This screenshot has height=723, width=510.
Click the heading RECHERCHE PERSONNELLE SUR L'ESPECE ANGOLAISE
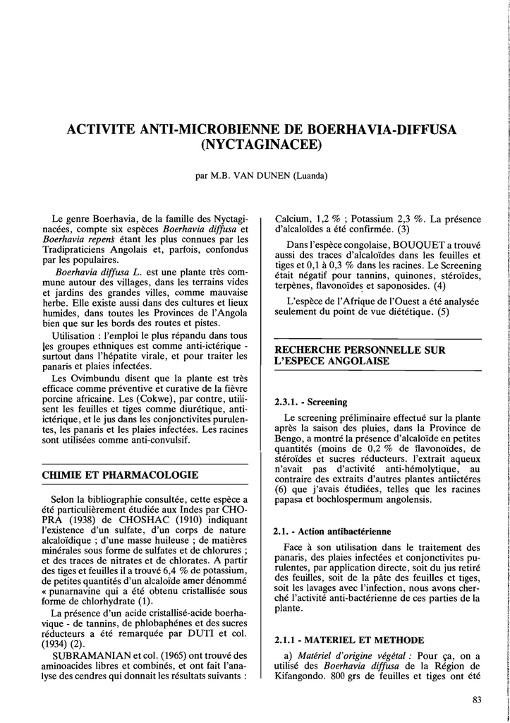(360, 355)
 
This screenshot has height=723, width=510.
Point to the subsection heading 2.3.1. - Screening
(310, 402)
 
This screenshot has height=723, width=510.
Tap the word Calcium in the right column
(292, 218)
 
